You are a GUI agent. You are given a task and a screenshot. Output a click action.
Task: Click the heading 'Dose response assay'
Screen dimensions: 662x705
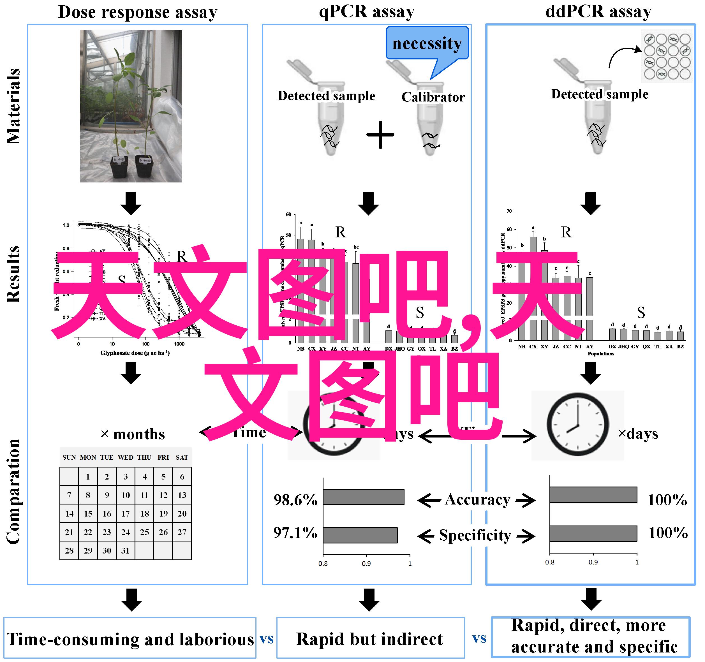(x=137, y=12)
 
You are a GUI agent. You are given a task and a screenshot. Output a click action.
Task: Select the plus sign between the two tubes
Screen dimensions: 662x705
(x=380, y=135)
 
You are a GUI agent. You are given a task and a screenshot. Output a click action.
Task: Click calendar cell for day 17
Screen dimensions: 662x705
(x=126, y=513)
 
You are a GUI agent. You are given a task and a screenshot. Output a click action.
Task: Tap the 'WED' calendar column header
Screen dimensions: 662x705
(x=126, y=457)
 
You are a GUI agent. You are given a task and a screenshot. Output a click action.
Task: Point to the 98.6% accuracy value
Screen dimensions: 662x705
(x=295, y=500)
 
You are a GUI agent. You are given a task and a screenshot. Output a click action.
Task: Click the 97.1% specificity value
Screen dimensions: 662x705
(x=295, y=533)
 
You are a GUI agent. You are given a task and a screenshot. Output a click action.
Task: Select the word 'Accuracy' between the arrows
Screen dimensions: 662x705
(x=477, y=500)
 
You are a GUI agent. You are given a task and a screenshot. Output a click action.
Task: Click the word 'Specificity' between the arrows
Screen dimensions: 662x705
(x=475, y=535)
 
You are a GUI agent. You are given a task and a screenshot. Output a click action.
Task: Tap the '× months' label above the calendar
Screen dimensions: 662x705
(x=133, y=434)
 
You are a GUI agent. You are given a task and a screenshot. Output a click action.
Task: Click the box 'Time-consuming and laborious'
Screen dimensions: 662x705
(x=130, y=639)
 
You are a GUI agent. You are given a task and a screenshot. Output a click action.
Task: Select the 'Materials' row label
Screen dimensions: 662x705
(x=13, y=107)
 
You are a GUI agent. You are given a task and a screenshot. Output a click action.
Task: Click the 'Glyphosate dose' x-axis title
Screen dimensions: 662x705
(x=135, y=353)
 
